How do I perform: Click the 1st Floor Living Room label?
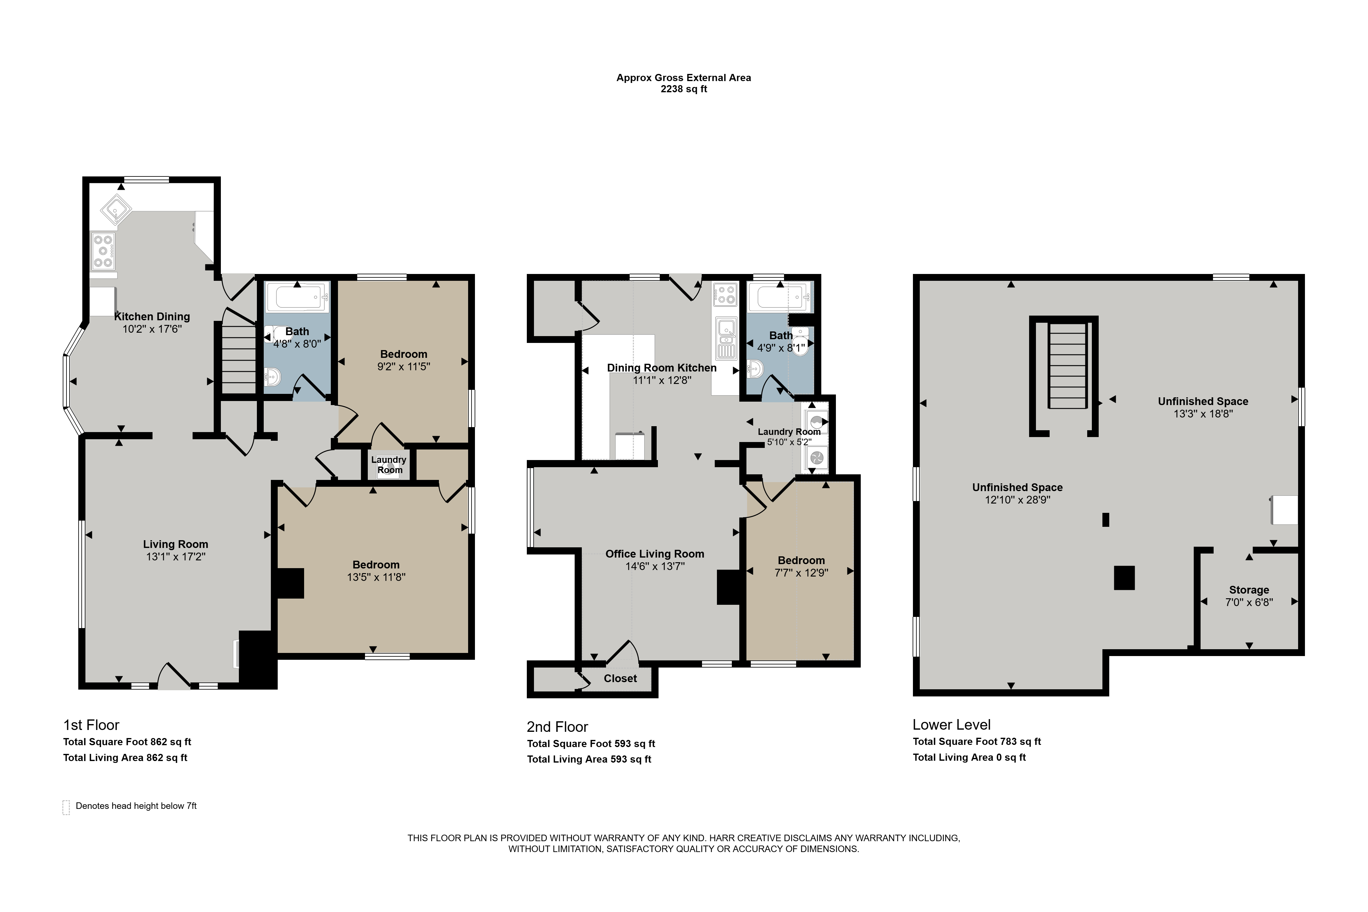tap(175, 545)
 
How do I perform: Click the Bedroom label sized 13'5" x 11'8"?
tap(376, 565)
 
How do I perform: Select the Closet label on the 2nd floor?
tap(620, 679)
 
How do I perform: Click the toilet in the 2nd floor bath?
tap(800, 341)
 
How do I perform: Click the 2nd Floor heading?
tap(557, 727)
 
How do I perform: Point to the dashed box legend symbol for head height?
tap(66, 807)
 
